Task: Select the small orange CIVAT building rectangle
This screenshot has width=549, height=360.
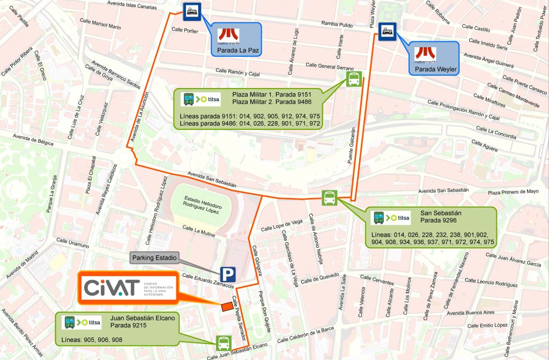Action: tap(227, 306)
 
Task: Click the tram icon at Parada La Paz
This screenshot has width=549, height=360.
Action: tap(192, 11)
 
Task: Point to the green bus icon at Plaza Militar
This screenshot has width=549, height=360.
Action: tap(354, 79)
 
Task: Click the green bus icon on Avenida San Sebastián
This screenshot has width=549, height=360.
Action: tap(329, 198)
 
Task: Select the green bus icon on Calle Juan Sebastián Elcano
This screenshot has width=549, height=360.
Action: tap(223, 342)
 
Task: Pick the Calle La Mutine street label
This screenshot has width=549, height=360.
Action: tap(198, 231)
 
